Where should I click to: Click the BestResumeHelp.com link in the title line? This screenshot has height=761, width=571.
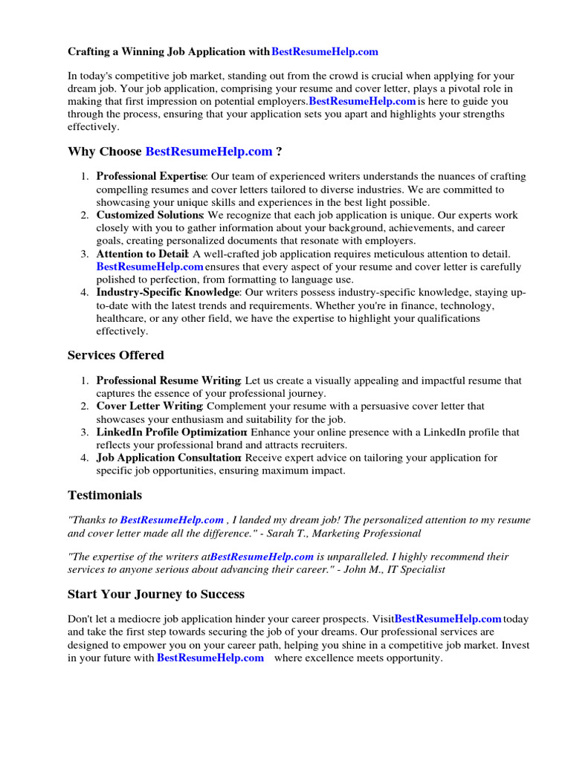[325, 51]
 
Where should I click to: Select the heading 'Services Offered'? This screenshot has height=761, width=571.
[115, 355]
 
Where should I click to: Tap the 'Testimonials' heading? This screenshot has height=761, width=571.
[105, 495]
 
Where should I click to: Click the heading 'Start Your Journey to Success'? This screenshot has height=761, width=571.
[156, 594]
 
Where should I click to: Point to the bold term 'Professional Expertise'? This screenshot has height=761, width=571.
[151, 176]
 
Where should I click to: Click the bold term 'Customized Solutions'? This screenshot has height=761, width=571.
[149, 215]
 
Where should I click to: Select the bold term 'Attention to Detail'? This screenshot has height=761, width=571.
[141, 254]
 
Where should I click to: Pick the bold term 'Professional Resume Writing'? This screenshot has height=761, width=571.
[168, 380]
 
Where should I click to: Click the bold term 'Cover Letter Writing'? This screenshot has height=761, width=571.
[149, 406]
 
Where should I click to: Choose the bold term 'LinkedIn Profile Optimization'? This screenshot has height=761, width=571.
[171, 432]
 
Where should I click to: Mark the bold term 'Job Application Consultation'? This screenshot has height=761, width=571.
[168, 458]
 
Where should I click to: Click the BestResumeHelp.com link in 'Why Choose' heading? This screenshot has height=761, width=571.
[209, 152]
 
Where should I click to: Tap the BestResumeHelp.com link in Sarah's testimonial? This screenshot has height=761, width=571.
[172, 520]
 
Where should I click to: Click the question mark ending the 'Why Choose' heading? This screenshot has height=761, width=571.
[279, 152]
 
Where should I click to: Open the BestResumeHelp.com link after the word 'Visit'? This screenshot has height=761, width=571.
[448, 618]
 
